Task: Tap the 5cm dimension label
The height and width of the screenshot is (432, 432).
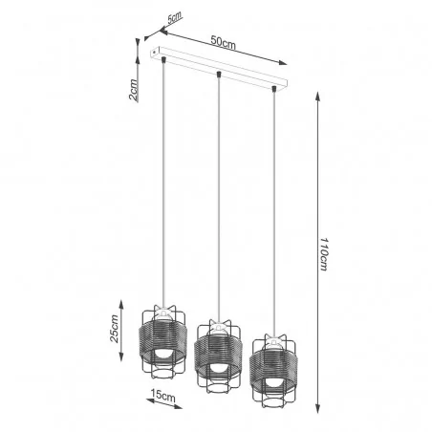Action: pyautogui.click(x=174, y=18)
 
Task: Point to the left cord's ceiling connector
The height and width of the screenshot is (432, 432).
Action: pyautogui.click(x=165, y=62)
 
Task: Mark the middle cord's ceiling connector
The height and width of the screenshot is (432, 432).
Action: pyautogui.click(x=219, y=75)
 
